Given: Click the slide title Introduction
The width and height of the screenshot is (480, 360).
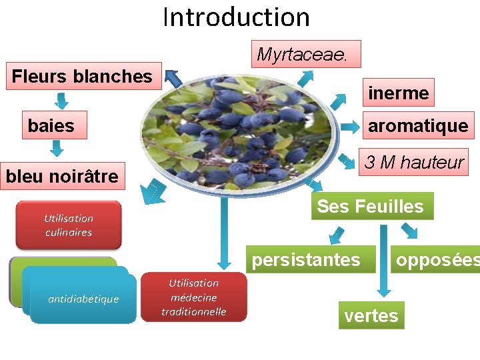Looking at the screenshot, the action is click(x=236, y=17).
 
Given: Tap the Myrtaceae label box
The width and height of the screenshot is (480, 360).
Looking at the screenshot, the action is click(x=305, y=54).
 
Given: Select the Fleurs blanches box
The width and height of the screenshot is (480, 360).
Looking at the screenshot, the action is click(x=83, y=76).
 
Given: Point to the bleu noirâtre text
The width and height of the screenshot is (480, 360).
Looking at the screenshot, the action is click(x=62, y=177).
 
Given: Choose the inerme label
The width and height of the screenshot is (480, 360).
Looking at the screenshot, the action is click(x=398, y=93).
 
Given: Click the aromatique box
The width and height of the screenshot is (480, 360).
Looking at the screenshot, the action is click(x=418, y=125).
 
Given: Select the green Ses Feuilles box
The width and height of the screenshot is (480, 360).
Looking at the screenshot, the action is click(x=371, y=206).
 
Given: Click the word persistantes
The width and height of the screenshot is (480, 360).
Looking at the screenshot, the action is click(x=306, y=259).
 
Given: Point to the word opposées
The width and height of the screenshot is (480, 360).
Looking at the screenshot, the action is click(x=437, y=259).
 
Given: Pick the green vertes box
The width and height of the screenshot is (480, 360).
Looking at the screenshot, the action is click(x=371, y=315).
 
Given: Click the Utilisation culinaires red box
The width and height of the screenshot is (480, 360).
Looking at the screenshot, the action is click(x=69, y=225).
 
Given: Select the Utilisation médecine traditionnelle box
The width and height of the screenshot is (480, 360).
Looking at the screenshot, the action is click(x=193, y=298).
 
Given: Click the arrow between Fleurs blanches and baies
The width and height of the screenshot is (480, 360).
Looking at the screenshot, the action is click(x=61, y=101).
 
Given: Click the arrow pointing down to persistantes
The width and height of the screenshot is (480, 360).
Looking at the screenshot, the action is click(x=335, y=236).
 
